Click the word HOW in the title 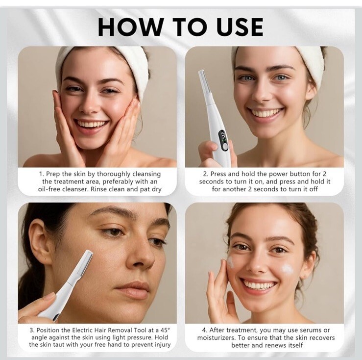(x=131, y=27)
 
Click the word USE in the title (x=240, y=27)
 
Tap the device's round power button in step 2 (x=225, y=147)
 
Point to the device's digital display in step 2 (x=222, y=137)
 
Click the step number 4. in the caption (x=205, y=330)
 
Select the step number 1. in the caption (x=41, y=174)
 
